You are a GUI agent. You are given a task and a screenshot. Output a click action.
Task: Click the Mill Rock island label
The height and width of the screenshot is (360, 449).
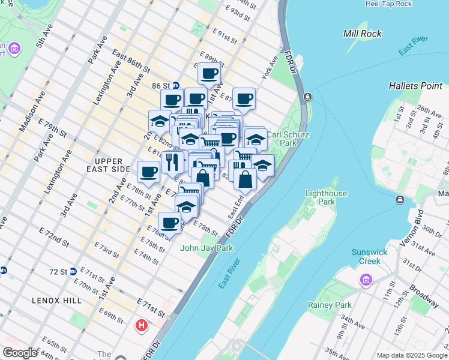[x=362, y=34]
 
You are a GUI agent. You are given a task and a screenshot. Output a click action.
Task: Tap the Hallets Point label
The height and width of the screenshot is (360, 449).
[x=415, y=86]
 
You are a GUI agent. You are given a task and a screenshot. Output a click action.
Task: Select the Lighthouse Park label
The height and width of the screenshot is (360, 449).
[x=326, y=197]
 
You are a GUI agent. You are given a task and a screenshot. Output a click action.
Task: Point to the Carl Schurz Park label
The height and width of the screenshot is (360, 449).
[x=288, y=139]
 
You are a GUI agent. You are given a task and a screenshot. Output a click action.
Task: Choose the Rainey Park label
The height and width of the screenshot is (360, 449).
[x=330, y=305]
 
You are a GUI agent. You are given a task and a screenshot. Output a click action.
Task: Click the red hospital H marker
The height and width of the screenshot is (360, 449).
[x=142, y=326]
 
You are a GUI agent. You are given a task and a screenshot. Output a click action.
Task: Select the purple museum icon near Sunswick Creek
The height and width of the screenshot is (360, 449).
[x=365, y=280]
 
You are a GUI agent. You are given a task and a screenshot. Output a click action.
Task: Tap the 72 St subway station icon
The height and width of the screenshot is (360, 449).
[x=73, y=271]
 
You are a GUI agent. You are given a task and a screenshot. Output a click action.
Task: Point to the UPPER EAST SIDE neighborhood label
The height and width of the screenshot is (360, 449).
[x=108, y=165]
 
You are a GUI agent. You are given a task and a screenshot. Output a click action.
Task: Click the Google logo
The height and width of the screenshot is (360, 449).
[x=20, y=353]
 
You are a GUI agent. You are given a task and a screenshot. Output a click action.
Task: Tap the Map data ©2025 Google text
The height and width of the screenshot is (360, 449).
[x=411, y=355]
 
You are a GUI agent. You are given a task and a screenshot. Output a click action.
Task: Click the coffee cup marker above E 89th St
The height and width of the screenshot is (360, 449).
[x=209, y=74]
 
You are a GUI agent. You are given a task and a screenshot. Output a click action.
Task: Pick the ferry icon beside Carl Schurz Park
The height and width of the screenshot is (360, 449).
[x=307, y=97]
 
